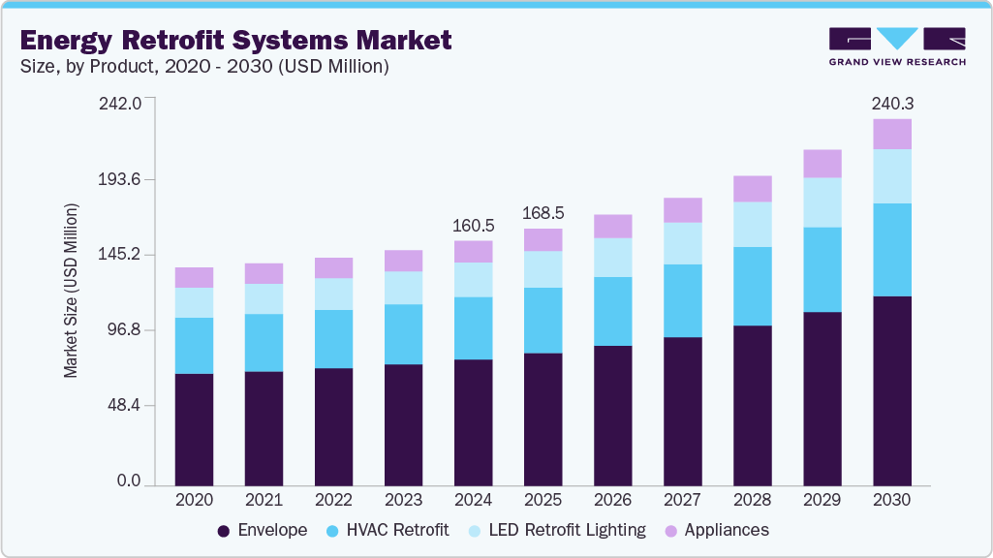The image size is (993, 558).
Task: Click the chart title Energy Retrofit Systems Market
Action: pyautogui.click(x=235, y=40)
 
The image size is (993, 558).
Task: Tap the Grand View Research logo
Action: pyautogui.click(x=897, y=46)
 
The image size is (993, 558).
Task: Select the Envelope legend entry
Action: pyautogui.click(x=263, y=530)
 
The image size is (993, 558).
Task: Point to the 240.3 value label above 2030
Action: pyautogui.click(x=891, y=103)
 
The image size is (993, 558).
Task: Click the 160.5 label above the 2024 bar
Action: pyautogui.click(x=473, y=225)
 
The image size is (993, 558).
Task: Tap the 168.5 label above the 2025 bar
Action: pyautogui.click(x=543, y=213)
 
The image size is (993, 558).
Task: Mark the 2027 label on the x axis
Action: pyautogui.click(x=682, y=501)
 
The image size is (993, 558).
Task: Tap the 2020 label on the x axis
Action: pyautogui.click(x=194, y=501)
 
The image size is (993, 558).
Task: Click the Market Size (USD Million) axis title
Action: pyautogui.click(x=71, y=291)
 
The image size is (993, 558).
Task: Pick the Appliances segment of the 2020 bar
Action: pyautogui.click(x=194, y=277)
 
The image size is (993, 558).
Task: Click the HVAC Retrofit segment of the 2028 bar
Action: pyautogui.click(x=752, y=286)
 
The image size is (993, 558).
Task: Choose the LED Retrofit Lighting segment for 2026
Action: pyautogui.click(x=612, y=257)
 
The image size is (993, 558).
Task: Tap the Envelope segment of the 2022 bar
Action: pyautogui.click(x=333, y=426)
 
